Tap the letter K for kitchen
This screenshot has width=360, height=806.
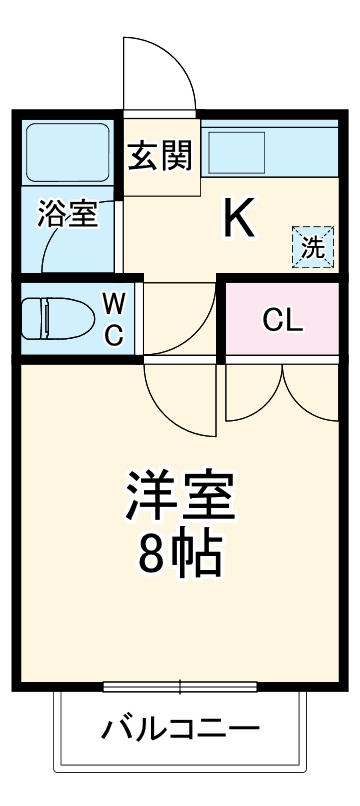pos(237,217)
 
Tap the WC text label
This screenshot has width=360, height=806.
pos(115,318)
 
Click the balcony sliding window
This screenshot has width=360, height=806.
pos(180,687)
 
